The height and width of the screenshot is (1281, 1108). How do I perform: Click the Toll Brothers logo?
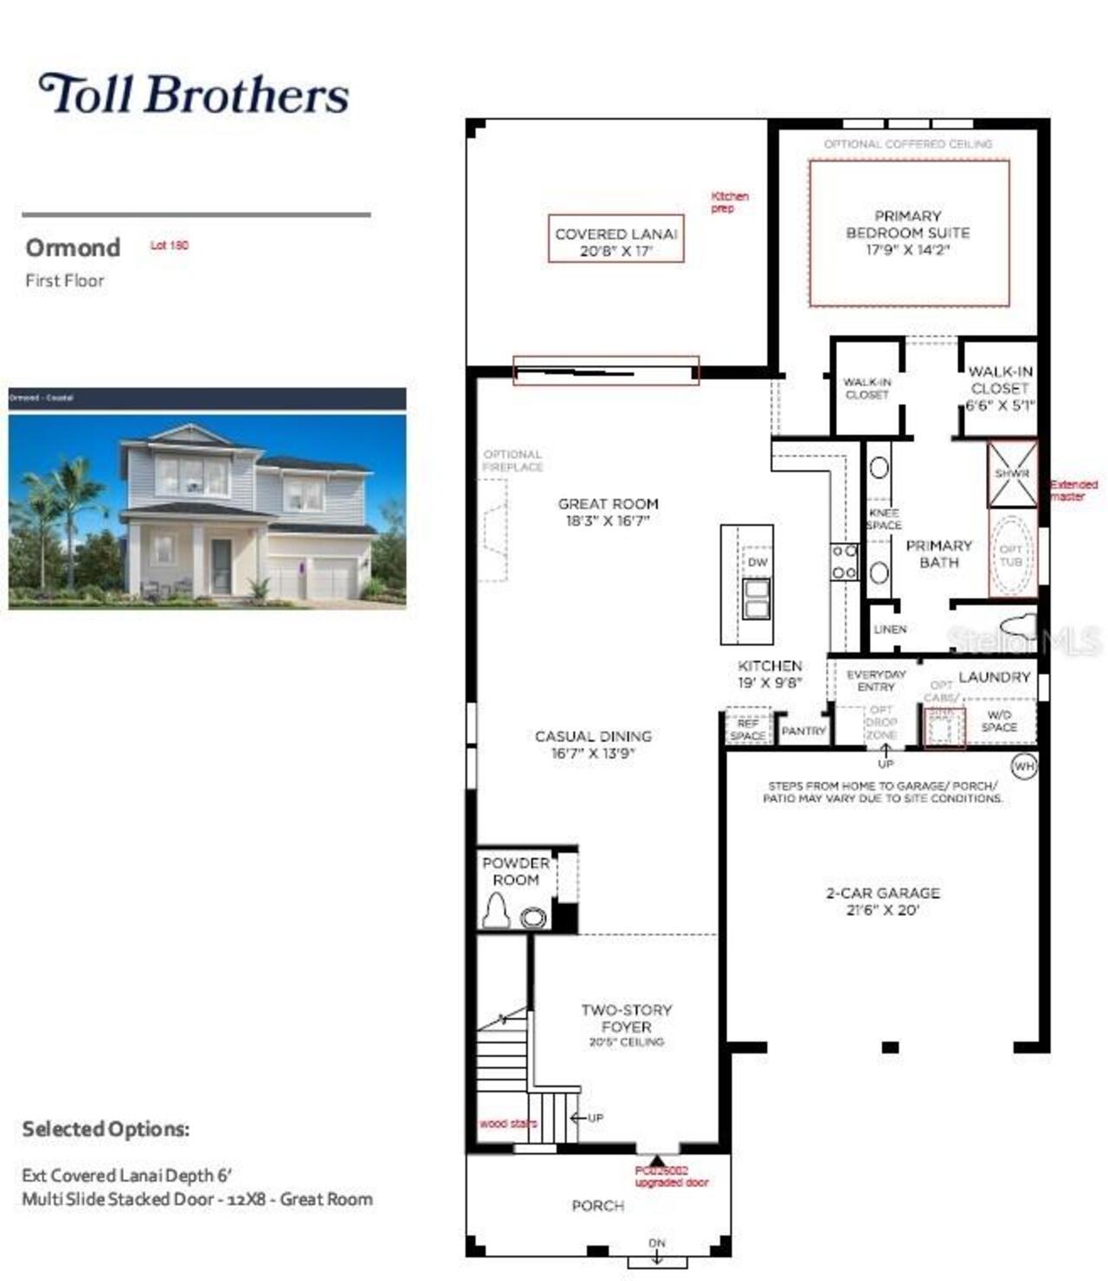pos(194,94)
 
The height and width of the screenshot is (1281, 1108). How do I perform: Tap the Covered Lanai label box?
pos(615,240)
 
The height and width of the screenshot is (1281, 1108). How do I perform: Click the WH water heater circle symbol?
pos(1024,766)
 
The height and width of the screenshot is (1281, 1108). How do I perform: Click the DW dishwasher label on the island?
pos(757,562)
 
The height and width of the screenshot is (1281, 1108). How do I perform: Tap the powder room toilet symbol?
pos(496,911)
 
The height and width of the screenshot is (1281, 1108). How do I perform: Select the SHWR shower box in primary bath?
pos(1012,474)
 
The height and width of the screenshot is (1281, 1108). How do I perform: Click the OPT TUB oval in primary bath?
pos(1011,555)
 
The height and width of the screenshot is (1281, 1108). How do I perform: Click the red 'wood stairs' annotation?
pos(508,1124)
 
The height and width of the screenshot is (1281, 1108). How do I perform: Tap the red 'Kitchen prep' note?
pos(729,202)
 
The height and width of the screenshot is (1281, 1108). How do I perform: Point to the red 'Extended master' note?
pos(1073,490)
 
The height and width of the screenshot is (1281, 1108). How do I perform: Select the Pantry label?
pos(803,731)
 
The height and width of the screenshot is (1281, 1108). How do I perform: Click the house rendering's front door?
pos(222,566)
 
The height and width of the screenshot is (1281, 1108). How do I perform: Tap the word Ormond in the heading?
pos(73,247)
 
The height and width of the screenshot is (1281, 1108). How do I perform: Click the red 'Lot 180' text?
pos(169,246)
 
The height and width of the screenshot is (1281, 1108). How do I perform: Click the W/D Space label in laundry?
pos(999,721)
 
